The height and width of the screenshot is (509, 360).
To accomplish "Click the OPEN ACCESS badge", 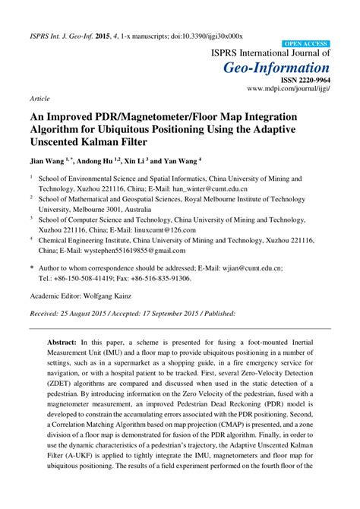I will coord(305,45).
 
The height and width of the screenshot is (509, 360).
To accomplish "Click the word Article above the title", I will coord(39,99).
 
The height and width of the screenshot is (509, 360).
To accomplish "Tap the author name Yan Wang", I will coord(182,161).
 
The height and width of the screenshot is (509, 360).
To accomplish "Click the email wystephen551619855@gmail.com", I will coord(124,250).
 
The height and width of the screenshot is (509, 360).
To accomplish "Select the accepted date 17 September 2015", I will coord(187,313).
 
